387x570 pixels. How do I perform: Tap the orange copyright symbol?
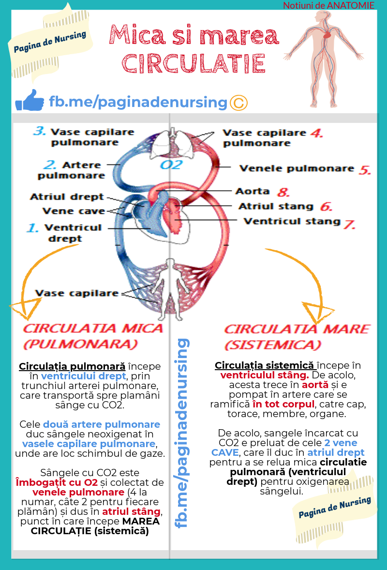pos(239,103)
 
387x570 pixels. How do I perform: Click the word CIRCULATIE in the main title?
pos(193,64)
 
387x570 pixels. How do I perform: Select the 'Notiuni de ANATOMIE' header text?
pos(328,5)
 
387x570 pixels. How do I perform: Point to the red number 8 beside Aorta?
pos(283,192)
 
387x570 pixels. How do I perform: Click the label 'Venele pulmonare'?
pos(297,169)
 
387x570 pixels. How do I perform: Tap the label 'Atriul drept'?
pos(67,196)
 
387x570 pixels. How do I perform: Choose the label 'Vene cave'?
pos(74,211)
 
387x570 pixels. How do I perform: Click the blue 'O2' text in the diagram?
pos(171,165)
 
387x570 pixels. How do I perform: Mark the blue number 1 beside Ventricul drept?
pos(32,228)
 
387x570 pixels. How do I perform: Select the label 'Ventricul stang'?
pos(292,222)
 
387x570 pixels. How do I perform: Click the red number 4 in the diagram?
pos(316,133)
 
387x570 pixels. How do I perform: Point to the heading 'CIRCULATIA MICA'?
pos(93,328)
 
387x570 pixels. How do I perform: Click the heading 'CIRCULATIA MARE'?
pos(297,329)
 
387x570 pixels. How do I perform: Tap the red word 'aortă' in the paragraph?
pos(315,385)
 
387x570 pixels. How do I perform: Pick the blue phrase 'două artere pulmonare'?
pos(102,424)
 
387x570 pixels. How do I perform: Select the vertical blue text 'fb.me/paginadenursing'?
pos(182,433)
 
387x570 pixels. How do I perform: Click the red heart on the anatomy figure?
pos(327,35)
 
